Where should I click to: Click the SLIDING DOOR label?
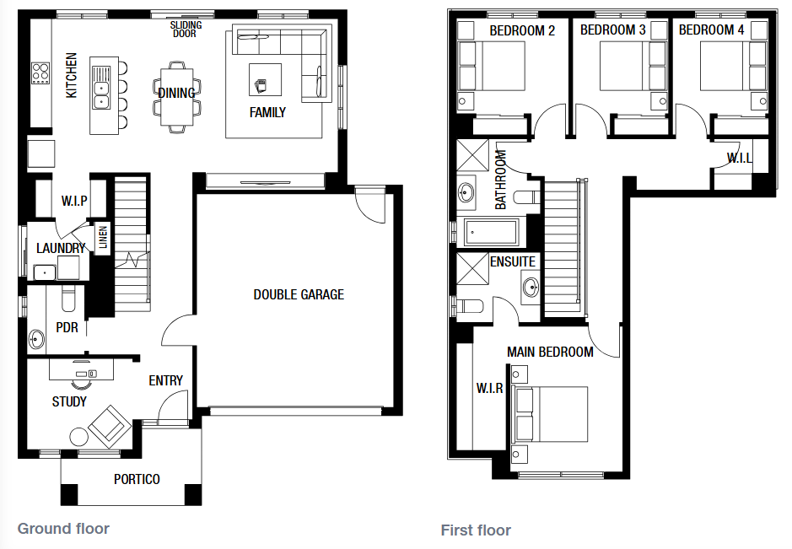186,30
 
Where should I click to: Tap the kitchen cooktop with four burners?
40,73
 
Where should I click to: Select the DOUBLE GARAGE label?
299,295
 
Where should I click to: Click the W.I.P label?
74,201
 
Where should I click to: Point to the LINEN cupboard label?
103,238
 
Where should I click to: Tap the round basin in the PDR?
36,339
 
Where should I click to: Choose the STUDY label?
69,402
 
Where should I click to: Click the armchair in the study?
109,426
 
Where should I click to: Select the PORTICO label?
137,479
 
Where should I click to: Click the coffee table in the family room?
265,80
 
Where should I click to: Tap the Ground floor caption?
63,529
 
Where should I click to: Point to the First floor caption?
476,530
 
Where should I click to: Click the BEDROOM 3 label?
612,30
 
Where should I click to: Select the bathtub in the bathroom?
492,233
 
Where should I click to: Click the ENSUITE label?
513,261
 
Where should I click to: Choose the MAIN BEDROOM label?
550,352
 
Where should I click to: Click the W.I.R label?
489,389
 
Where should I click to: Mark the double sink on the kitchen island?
101,88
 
